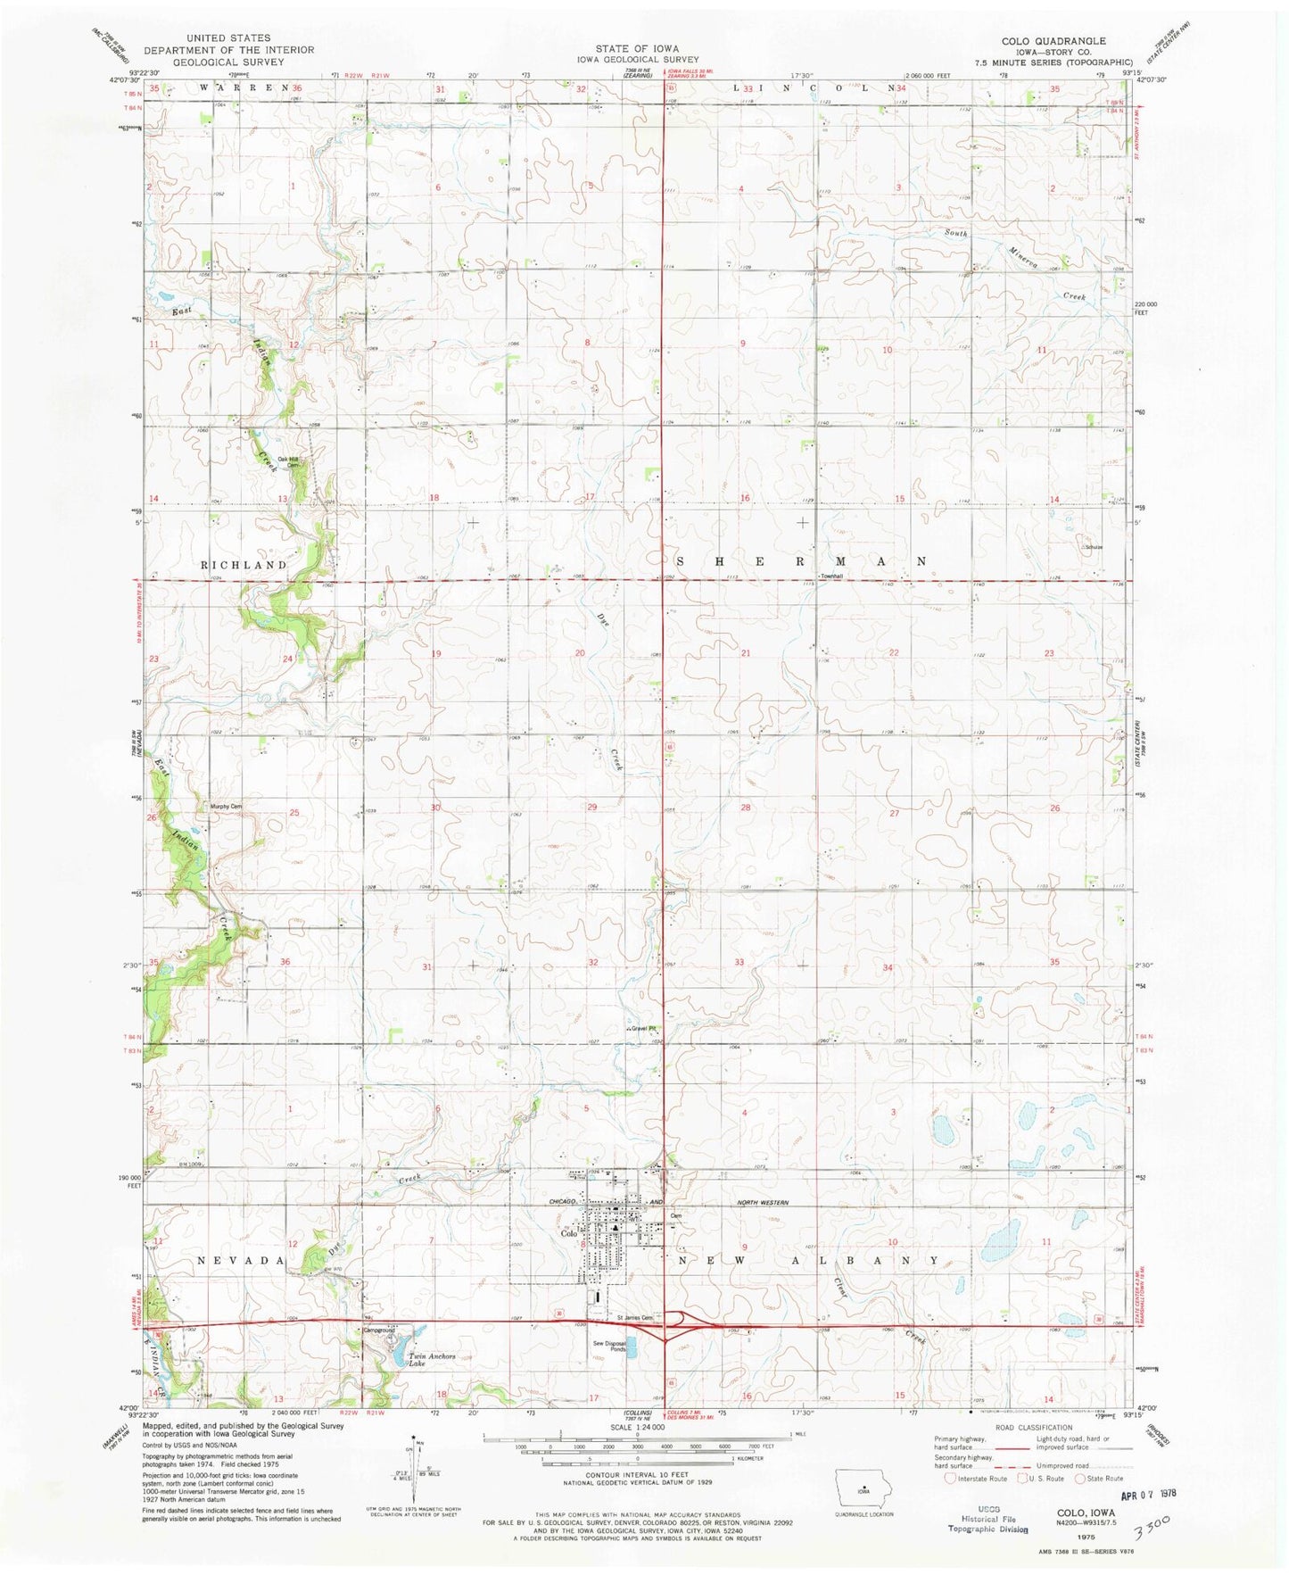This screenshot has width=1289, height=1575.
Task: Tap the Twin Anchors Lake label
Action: [x=432, y=1360]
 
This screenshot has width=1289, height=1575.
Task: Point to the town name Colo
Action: [x=569, y=1235]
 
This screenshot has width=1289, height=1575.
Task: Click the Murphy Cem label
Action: [x=226, y=807]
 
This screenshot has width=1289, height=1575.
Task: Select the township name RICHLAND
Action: [x=244, y=565]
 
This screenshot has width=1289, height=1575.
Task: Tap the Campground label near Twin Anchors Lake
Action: [x=378, y=1330]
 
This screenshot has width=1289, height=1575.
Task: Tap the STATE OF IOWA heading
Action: [x=638, y=48]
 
